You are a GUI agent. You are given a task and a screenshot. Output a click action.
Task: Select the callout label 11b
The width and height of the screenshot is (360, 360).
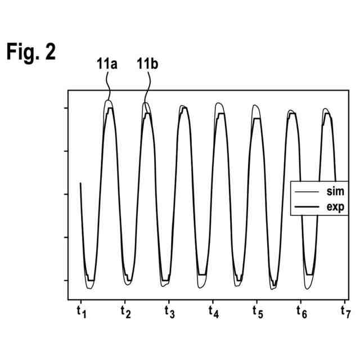point(147,65)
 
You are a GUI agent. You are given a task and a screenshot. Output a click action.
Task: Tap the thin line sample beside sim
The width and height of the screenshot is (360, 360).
point(307,192)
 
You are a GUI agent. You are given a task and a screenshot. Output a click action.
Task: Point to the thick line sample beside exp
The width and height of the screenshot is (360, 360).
point(307,207)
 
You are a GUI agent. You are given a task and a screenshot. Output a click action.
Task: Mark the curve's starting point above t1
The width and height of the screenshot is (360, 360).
point(81,183)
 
